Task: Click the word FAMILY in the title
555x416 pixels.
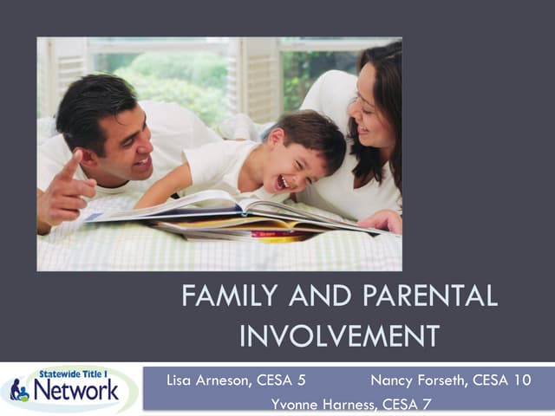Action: click(228, 296)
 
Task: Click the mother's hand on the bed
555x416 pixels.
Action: click(382, 220)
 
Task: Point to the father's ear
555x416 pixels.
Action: click(88, 138)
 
